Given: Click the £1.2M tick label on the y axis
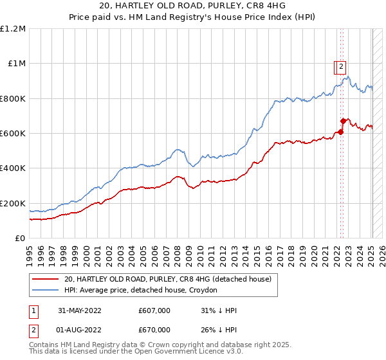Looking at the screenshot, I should coord(13,29).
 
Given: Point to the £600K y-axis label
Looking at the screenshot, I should coord(13,134).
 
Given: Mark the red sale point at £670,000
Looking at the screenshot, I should coord(343,121).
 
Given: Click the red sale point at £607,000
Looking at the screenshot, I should coord(341,132).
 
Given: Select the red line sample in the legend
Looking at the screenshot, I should coord(46,280).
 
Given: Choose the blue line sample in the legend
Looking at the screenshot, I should coord(46,291).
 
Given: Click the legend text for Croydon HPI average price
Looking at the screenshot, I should coord(141,291).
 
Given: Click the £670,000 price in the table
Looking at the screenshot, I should coord(154,330).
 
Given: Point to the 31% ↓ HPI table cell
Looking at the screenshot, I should coord(217,310).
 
